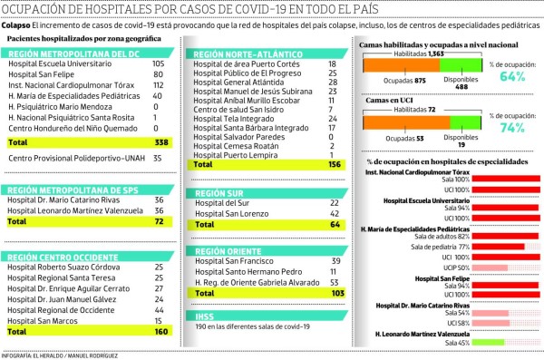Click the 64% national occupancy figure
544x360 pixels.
[513, 78]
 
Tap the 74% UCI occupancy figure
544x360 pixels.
[513, 128]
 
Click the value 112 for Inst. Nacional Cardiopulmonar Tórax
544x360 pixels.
[159, 84]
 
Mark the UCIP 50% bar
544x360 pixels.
[486, 268]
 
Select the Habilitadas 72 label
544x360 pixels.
[421, 108]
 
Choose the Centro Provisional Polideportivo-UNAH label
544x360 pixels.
[70, 158]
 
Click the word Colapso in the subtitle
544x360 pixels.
[15, 26]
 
